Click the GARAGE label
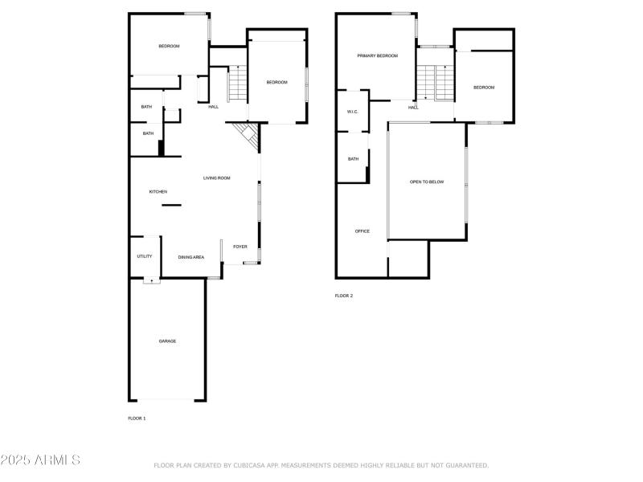tap(167, 341)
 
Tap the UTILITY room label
tap(145, 256)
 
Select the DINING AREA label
tap(191, 257)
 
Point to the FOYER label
tap(240, 247)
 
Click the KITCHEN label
tap(158, 192)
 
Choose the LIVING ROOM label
tap(217, 178)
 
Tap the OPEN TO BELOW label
tap(427, 182)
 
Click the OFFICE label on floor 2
tap(362, 231)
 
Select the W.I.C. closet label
tap(353, 112)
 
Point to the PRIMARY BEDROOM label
tap(378, 55)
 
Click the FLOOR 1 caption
tap(137, 419)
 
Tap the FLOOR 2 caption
tap(344, 296)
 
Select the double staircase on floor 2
tap(435, 84)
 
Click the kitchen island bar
tap(171, 206)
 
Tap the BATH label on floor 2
tap(354, 159)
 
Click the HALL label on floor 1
tap(213, 107)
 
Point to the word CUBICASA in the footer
tap(254, 465)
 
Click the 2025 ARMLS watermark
tap(40, 460)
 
